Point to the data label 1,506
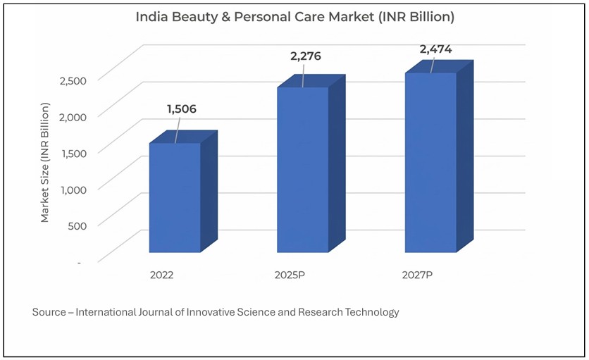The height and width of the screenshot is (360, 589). point(181,109)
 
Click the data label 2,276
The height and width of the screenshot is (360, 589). point(306,56)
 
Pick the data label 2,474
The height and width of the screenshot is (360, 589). point(436,49)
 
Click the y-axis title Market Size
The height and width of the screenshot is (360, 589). point(45,161)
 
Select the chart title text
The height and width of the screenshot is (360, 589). point(294,16)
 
